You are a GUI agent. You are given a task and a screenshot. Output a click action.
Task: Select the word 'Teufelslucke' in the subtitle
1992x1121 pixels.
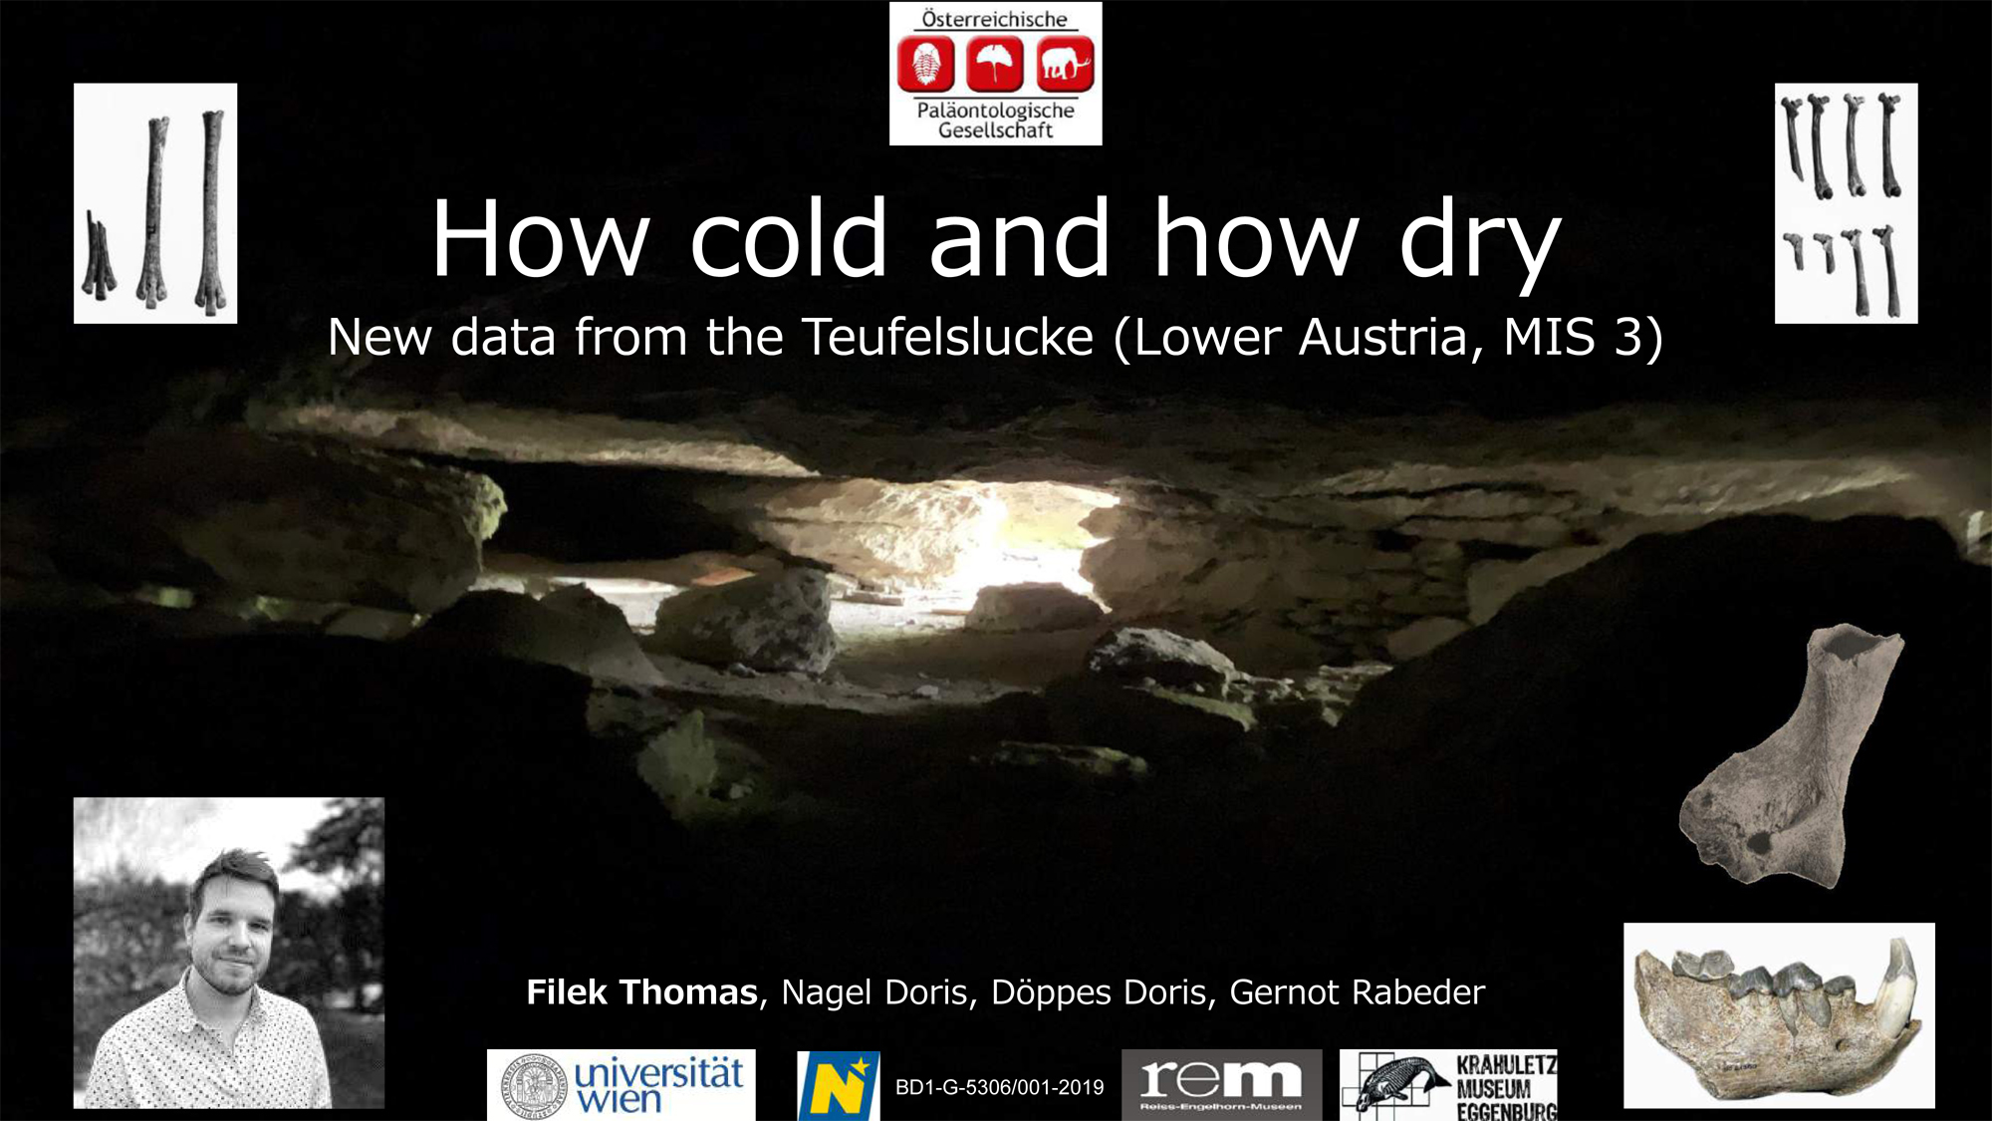(948, 337)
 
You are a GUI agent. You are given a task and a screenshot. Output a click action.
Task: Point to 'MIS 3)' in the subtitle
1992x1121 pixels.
(1584, 337)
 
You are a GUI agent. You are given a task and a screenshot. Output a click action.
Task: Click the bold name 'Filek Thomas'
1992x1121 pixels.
(641, 992)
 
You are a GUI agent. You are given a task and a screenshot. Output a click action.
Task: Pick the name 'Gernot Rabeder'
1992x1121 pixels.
(1358, 992)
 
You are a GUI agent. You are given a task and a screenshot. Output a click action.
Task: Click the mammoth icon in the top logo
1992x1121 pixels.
(1066, 64)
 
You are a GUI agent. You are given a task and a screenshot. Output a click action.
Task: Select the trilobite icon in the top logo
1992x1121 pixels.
(926, 64)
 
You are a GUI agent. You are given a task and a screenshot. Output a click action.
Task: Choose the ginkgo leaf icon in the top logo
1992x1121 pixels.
(996, 64)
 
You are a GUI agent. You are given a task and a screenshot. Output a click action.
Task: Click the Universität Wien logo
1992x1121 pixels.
(622, 1085)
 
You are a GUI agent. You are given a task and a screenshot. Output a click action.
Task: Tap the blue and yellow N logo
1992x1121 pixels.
(839, 1085)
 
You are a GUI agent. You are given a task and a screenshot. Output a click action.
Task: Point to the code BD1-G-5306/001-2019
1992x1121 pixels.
(1000, 1087)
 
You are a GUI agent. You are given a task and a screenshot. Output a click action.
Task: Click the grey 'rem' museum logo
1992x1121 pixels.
(1222, 1085)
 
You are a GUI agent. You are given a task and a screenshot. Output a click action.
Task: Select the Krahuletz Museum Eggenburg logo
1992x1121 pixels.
(1448, 1085)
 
